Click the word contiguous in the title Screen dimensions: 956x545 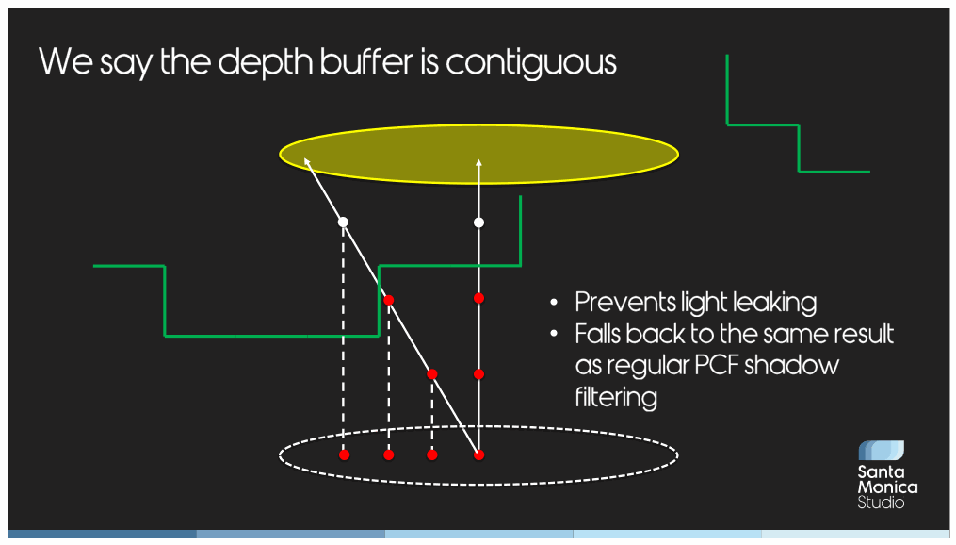530,63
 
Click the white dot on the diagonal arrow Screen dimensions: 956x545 343,223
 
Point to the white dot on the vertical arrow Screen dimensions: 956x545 479,223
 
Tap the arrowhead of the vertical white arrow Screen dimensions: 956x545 479,163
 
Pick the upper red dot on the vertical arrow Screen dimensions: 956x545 479,298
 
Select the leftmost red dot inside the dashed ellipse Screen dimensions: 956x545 345,454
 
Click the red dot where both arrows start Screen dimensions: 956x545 479,454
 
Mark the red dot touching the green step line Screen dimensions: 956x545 388,300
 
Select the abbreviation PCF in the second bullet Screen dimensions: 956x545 715,366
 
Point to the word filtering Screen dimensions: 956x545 616,397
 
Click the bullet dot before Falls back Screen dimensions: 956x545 554,334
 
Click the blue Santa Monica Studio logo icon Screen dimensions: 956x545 881,451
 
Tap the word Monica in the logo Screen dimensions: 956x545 887,487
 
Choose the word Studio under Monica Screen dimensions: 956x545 881,503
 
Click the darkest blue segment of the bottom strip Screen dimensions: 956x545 103,534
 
